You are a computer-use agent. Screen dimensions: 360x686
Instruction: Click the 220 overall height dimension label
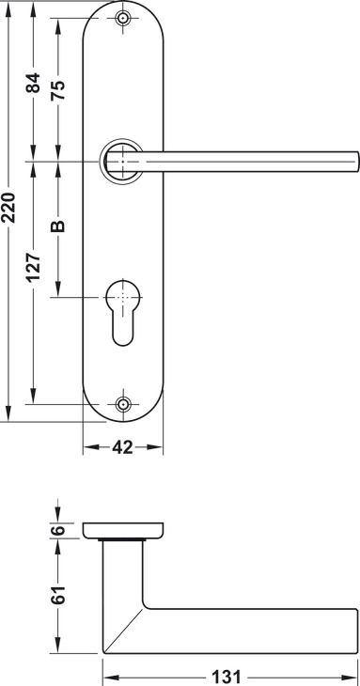(x=8, y=207)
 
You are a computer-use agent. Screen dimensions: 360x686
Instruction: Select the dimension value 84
(x=33, y=83)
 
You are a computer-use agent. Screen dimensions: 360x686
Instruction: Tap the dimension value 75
(x=58, y=90)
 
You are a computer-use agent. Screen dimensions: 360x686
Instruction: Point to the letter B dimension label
(x=58, y=226)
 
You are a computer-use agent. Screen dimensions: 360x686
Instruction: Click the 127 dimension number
(x=33, y=266)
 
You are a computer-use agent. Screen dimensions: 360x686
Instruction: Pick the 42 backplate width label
(x=122, y=447)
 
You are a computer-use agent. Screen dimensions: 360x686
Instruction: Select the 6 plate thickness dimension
(x=58, y=530)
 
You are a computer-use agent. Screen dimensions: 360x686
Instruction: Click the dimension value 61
(x=58, y=595)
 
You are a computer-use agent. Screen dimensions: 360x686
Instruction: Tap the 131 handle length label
(x=227, y=678)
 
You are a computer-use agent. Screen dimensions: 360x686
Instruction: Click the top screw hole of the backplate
(x=123, y=19)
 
